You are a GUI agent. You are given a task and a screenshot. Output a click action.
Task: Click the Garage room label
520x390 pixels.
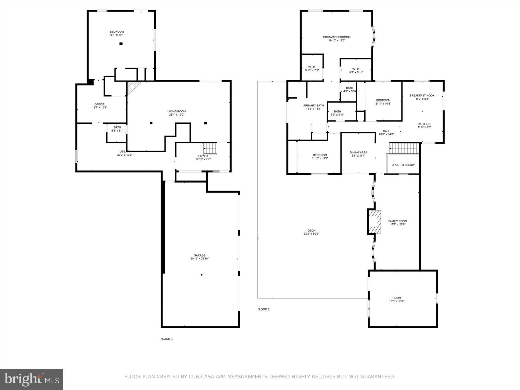[x=199, y=255]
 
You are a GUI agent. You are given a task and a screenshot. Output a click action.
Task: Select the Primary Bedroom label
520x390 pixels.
[x=337, y=37]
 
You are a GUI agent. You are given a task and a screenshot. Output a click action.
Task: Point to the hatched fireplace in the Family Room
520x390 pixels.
[x=374, y=222]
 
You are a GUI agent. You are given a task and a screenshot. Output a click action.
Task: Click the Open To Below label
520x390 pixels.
[x=403, y=165]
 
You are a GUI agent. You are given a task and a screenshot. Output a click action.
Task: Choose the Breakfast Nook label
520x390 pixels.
[x=422, y=95]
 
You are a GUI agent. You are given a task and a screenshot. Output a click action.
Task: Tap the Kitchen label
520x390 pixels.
[x=424, y=124]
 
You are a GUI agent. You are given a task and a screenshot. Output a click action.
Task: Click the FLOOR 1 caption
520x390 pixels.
[x=166, y=339]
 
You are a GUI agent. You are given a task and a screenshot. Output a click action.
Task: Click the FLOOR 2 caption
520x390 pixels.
[x=263, y=309]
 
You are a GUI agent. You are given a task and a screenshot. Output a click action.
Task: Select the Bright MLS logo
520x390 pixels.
[x=31, y=379]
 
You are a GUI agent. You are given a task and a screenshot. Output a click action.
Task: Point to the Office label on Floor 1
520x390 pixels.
[x=99, y=104]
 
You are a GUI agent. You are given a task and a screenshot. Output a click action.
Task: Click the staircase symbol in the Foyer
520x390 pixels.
[x=210, y=149]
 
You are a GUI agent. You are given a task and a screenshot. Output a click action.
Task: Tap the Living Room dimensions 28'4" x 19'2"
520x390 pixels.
[x=176, y=115]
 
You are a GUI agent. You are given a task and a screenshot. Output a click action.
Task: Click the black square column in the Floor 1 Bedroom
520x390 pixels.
[x=121, y=44]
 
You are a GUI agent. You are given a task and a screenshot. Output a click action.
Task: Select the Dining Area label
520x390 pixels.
[x=358, y=153]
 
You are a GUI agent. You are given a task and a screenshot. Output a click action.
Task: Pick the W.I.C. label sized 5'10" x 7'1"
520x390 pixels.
[x=312, y=67]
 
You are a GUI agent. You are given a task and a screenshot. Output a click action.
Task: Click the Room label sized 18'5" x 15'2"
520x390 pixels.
[x=397, y=298]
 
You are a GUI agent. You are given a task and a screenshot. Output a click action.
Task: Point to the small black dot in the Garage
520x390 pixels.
[x=202, y=275]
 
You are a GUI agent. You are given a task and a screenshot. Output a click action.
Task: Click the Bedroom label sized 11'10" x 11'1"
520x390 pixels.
[x=320, y=155]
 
